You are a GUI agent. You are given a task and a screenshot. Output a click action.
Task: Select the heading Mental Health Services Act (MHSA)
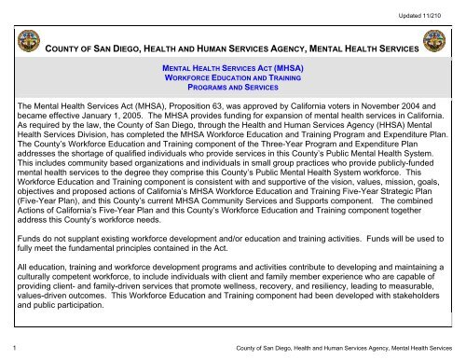(x=233, y=69)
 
